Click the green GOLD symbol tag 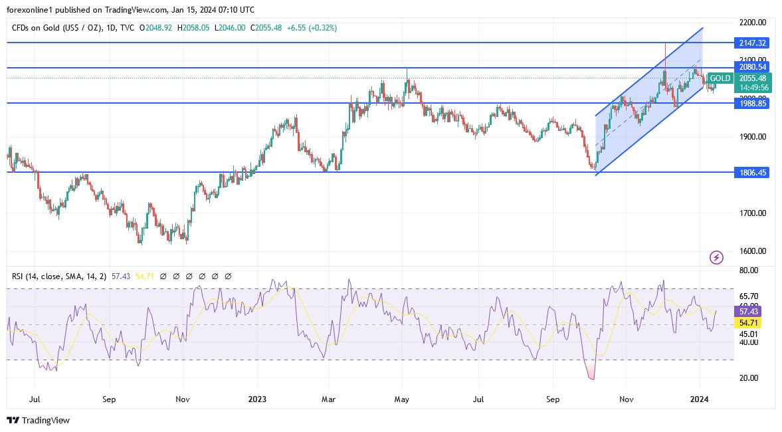719,78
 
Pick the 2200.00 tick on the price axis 753,23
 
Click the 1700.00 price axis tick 753,213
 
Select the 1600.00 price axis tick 753,251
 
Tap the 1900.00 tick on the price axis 753,137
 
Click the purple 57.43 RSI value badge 748,311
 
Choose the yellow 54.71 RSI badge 748,322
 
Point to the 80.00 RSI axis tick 748,270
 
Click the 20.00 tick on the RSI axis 748,378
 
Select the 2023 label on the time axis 257,399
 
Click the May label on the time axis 401,399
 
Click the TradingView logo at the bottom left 38,420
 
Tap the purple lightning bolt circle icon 716,257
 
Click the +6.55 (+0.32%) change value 312,28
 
